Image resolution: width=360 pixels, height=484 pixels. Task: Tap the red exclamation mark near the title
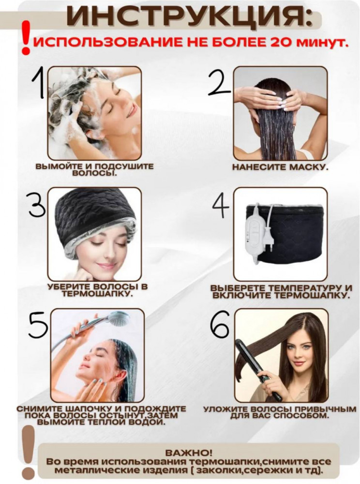(27, 38)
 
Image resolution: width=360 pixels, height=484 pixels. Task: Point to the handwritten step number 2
(219, 81)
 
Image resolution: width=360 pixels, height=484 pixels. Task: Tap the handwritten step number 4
(221, 205)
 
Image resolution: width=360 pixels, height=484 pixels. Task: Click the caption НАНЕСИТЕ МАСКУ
(280, 167)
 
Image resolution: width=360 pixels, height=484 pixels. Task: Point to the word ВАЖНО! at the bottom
(189, 453)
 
